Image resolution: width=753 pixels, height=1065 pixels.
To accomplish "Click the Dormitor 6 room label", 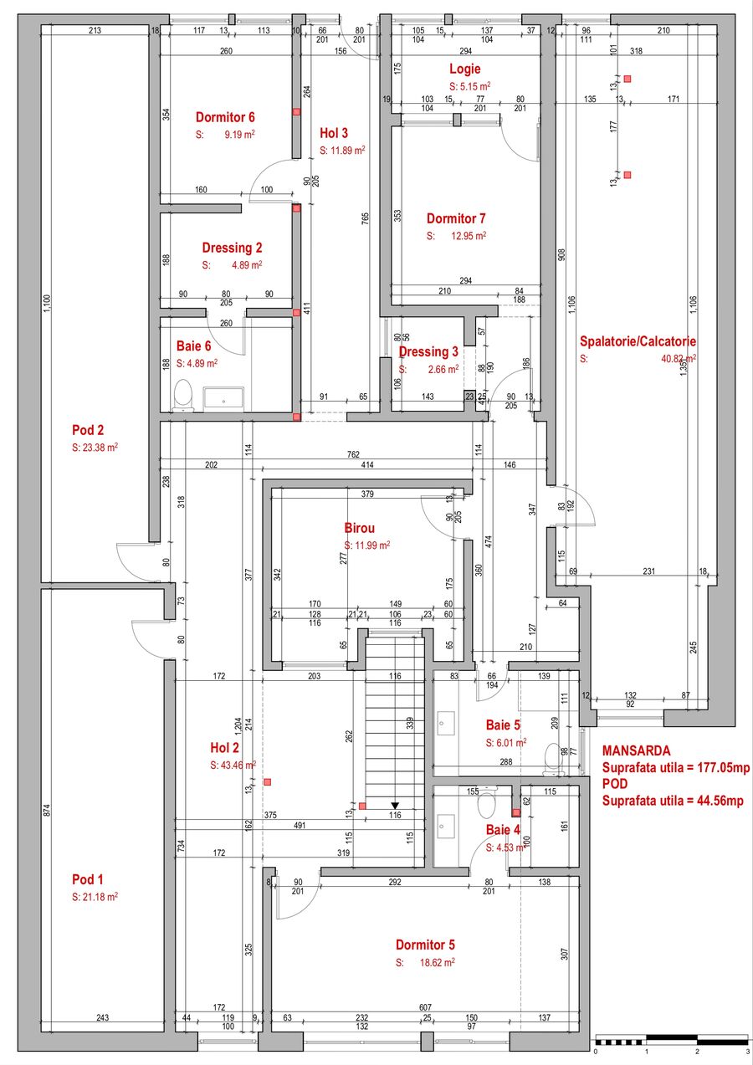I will (x=225, y=117).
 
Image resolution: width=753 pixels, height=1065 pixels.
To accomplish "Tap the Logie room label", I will (x=464, y=69).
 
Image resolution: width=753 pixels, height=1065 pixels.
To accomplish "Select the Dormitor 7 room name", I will (x=457, y=219).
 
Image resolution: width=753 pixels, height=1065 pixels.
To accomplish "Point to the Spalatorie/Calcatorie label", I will (x=638, y=341).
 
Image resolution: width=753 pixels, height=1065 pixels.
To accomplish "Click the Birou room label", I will (x=360, y=528).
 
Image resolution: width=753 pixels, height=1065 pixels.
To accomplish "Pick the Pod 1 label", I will (x=88, y=879).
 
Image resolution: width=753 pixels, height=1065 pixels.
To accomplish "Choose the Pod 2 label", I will (x=88, y=430).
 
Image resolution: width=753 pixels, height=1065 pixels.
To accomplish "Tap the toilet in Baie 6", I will (x=182, y=397).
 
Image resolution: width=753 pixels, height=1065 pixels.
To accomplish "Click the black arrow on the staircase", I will (x=395, y=806).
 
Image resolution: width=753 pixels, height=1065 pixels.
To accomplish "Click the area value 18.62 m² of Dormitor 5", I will (x=437, y=963).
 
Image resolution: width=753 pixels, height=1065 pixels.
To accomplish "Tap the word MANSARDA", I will (x=636, y=750).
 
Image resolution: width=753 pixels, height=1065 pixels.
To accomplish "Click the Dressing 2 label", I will (x=232, y=248).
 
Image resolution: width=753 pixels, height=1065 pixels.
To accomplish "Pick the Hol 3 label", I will (x=334, y=132).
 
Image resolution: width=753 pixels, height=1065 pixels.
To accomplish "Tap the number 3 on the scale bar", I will (x=747, y=1051).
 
